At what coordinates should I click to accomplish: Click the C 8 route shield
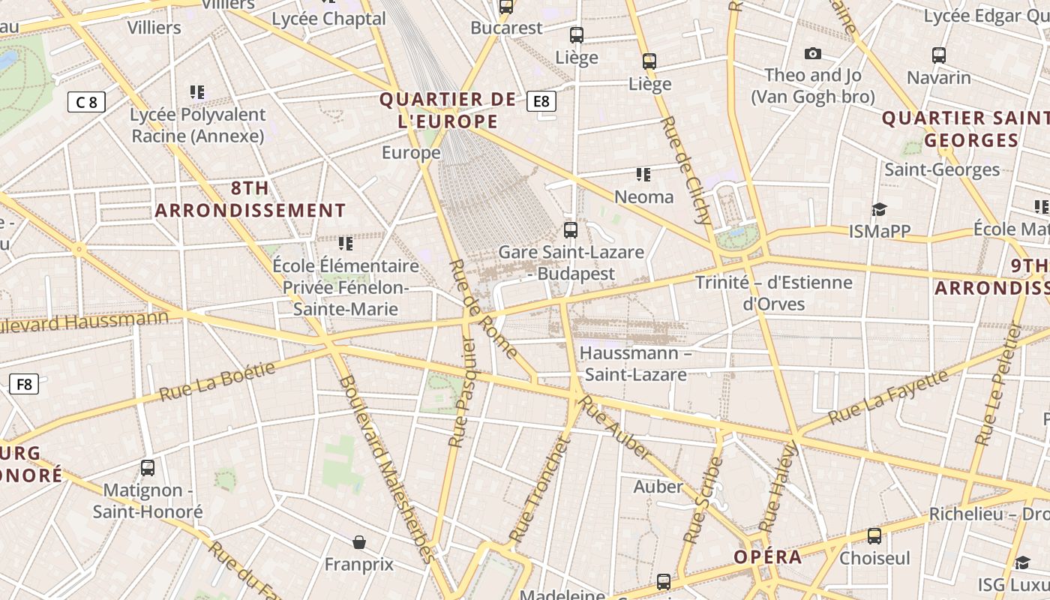tap(86, 102)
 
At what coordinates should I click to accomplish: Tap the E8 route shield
tap(541, 101)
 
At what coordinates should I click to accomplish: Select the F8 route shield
tap(24, 385)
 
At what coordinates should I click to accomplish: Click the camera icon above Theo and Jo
tap(812, 53)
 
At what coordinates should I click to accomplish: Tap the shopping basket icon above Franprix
tap(359, 541)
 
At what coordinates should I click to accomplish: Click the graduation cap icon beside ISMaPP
tap(879, 210)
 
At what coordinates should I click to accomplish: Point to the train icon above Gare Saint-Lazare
tap(571, 230)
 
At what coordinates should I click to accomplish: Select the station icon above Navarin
tap(938, 55)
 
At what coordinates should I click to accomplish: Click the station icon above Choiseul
tap(874, 536)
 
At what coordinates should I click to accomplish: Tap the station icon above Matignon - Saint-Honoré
tap(148, 468)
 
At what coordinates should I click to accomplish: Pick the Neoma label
tap(643, 197)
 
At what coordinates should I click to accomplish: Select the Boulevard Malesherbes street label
tap(385, 468)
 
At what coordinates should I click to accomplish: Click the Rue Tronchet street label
tap(540, 489)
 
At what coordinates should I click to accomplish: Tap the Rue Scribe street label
tap(703, 500)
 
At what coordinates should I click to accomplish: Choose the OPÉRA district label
tap(767, 557)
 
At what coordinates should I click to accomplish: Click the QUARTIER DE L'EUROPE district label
tap(448, 110)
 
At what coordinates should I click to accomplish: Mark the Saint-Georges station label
tap(942, 169)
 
